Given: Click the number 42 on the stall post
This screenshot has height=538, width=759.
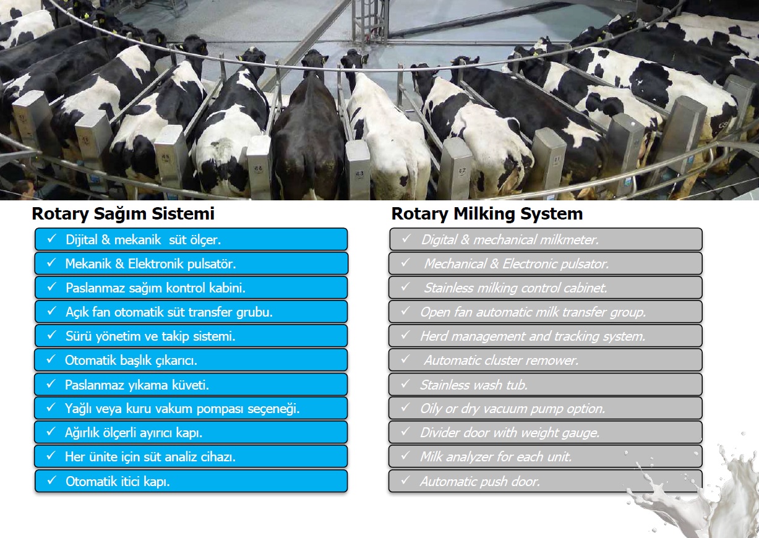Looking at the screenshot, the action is [x=462, y=171].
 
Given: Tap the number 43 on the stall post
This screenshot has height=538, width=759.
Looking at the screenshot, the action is [x=359, y=173].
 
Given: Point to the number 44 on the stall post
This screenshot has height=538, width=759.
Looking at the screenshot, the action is [x=258, y=168].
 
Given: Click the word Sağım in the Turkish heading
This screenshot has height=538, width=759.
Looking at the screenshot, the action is [x=120, y=213].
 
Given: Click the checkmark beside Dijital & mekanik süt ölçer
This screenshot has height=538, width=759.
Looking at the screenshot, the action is [x=51, y=239].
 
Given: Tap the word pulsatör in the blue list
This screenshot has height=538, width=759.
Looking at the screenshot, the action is [x=211, y=263].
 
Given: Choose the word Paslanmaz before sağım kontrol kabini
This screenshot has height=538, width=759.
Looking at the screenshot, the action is [x=95, y=288].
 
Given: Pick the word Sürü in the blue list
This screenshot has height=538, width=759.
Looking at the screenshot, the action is [x=79, y=336].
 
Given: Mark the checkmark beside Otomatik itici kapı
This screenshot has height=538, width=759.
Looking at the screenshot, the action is [x=51, y=480].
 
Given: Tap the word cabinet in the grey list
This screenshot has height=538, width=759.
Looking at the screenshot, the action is [x=585, y=288].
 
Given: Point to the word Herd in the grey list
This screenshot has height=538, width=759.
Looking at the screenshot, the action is [x=434, y=336].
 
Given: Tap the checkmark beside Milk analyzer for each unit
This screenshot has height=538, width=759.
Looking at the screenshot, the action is [x=406, y=455].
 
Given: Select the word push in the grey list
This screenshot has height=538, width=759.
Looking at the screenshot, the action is [x=494, y=481].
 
